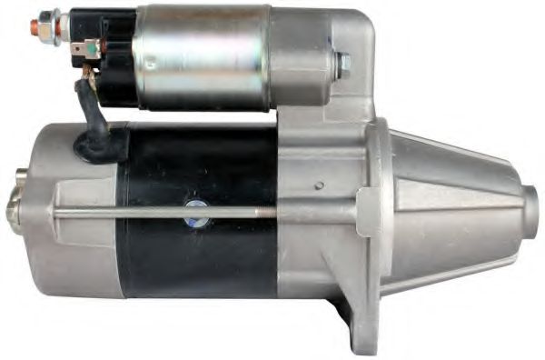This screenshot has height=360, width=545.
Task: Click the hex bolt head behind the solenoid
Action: coord(342,65)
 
